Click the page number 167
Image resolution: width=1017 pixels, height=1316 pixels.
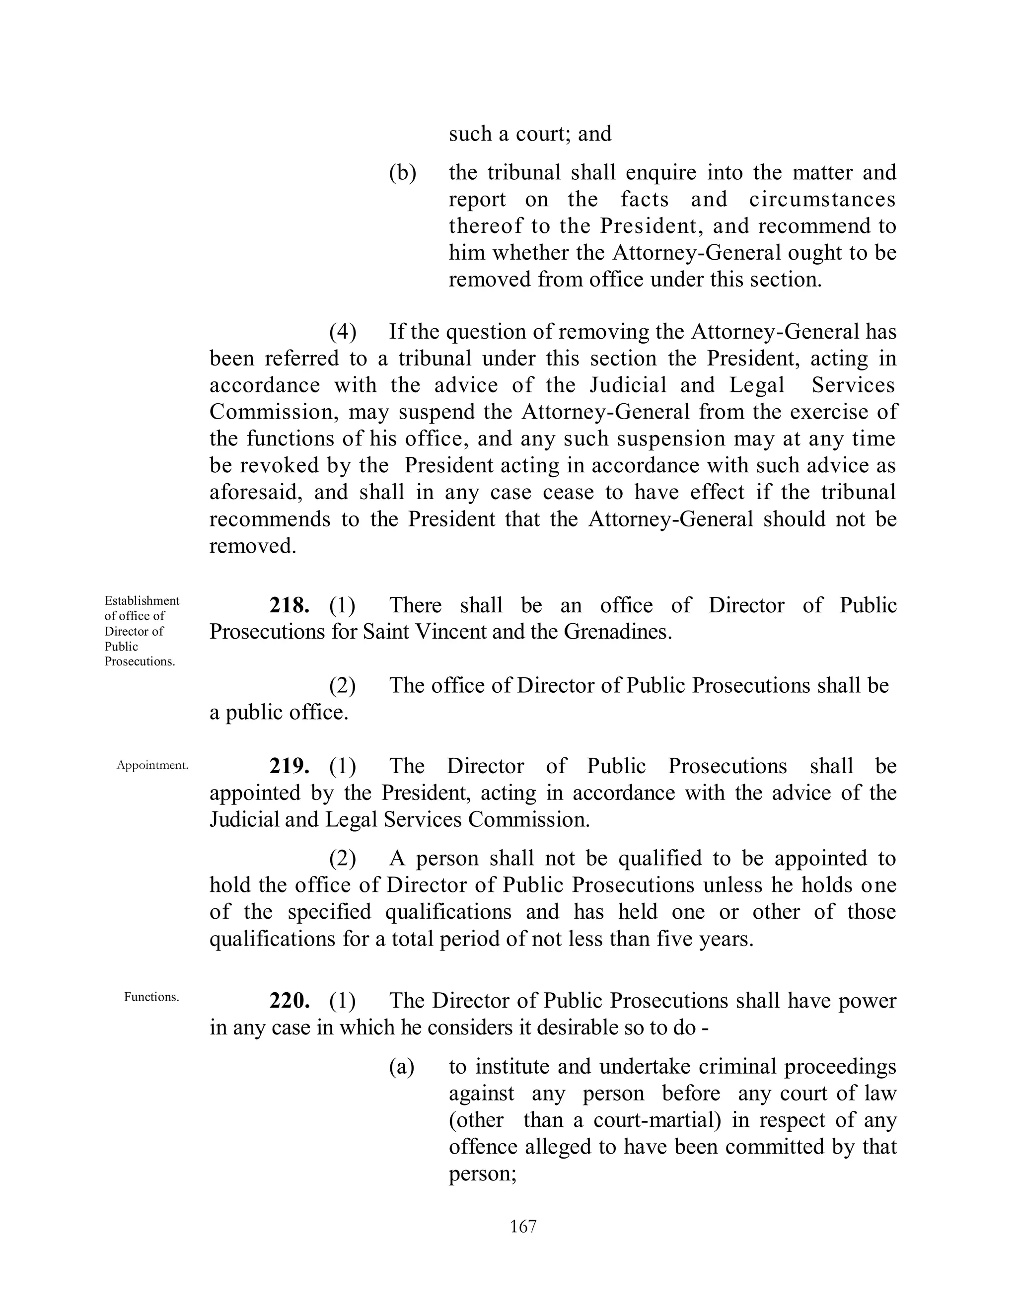(522, 1226)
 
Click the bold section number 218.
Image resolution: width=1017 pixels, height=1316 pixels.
(289, 605)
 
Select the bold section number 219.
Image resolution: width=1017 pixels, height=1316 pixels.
(289, 766)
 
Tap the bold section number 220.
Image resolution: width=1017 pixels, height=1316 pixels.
(289, 1000)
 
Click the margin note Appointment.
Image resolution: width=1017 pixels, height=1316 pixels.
(152, 765)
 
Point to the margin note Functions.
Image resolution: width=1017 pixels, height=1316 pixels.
(151, 997)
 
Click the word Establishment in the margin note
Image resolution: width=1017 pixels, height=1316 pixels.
(142, 601)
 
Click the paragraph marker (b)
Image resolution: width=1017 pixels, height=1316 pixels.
(402, 173)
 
